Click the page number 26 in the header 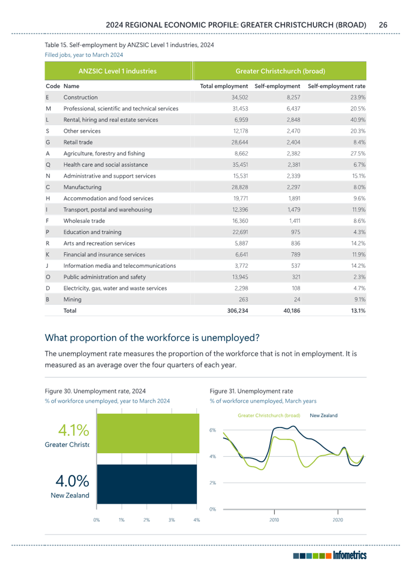[383, 25]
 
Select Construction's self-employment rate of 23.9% [358, 98]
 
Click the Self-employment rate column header [337, 86]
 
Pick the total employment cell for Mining [243, 299]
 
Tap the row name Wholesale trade [85, 221]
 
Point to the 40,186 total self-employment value [291, 311]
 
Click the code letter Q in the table [48, 165]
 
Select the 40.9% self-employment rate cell [358, 120]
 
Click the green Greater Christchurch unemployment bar [148, 433]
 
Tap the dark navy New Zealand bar [147, 484]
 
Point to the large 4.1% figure [73, 430]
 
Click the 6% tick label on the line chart [213, 430]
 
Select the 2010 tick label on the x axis [274, 520]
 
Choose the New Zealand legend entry [324, 415]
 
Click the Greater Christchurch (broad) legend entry [269, 415]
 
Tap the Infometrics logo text [350, 555]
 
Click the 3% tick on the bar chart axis [171, 520]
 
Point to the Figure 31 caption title [252, 391]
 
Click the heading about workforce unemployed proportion [152, 337]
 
